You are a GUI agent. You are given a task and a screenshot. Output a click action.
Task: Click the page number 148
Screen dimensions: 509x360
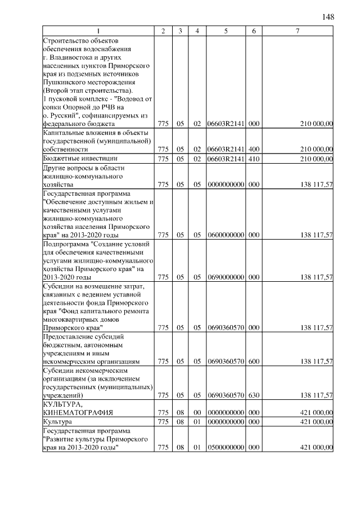(328, 16)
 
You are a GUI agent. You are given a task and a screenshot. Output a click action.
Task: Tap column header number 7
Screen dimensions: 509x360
(297, 31)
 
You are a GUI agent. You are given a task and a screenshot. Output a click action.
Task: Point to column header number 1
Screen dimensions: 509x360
(98, 31)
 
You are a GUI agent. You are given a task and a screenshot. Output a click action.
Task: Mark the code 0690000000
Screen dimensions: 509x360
(225, 277)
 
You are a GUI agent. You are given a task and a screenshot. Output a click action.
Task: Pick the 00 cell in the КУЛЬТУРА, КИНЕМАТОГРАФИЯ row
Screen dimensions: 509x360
(197, 412)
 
